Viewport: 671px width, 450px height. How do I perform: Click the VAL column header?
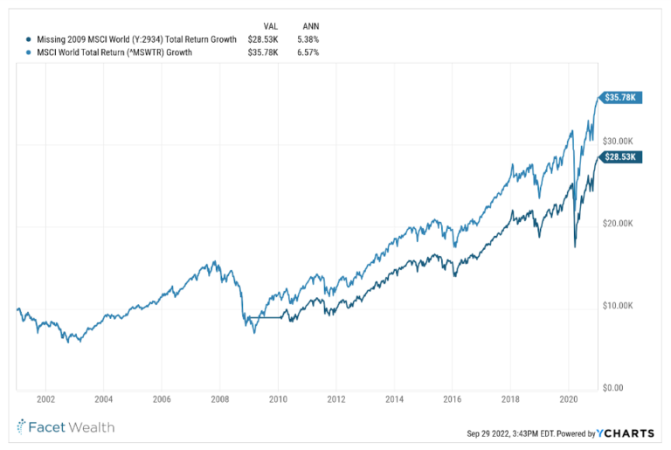coord(271,25)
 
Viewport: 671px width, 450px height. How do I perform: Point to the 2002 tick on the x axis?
coord(45,398)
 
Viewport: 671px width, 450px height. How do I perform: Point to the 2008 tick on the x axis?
coord(219,398)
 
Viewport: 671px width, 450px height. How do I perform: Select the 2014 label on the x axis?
coord(393,398)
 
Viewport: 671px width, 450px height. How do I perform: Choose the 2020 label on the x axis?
coord(568,398)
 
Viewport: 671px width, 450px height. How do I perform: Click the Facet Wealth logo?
coord(66,427)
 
